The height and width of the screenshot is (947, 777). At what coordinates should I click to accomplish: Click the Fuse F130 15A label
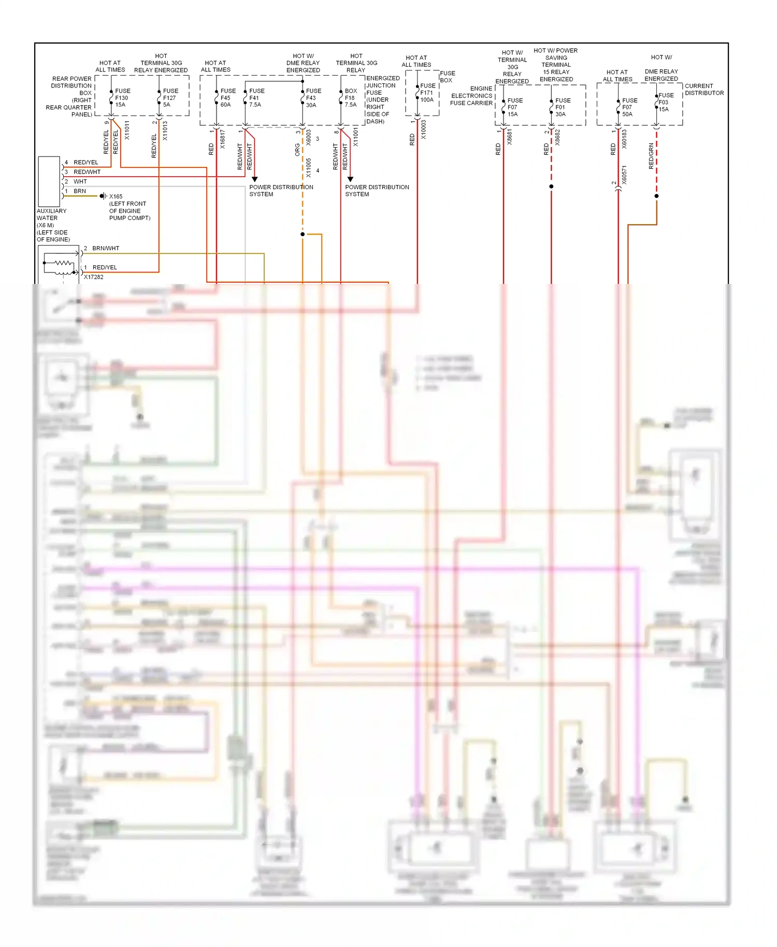tap(122, 97)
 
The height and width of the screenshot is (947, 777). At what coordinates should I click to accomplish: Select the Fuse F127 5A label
tap(170, 97)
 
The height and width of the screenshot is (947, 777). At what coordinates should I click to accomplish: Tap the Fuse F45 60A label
tap(227, 97)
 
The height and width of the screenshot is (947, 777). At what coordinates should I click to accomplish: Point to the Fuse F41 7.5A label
tap(256, 97)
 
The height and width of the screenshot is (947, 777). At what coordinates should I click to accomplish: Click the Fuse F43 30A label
tap(313, 97)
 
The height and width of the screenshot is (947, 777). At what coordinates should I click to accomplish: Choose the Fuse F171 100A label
tap(427, 93)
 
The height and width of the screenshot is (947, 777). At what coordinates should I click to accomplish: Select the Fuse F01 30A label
tap(563, 107)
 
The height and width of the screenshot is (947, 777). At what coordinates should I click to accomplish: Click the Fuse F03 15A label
tap(666, 102)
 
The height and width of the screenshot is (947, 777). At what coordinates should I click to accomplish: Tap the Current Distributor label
tap(704, 90)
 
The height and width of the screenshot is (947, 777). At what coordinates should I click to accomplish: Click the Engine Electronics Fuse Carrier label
tap(471, 96)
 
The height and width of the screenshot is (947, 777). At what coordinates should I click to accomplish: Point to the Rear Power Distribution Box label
tap(71, 96)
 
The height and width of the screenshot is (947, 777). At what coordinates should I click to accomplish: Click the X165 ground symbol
tap(103, 196)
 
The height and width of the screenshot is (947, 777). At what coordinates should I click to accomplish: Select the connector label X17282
tap(94, 277)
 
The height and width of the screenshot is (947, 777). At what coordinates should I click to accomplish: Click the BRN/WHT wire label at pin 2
tap(106, 248)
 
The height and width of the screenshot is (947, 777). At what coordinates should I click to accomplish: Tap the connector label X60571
tap(624, 175)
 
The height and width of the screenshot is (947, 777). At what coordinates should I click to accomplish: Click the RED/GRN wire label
tap(651, 156)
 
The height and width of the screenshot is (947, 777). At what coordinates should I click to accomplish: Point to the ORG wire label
tap(297, 150)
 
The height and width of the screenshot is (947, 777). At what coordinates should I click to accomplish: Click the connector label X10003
tap(423, 130)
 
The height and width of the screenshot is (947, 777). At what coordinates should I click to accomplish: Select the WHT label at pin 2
tap(80, 181)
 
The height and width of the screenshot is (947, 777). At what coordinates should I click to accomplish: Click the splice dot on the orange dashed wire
tap(303, 234)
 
